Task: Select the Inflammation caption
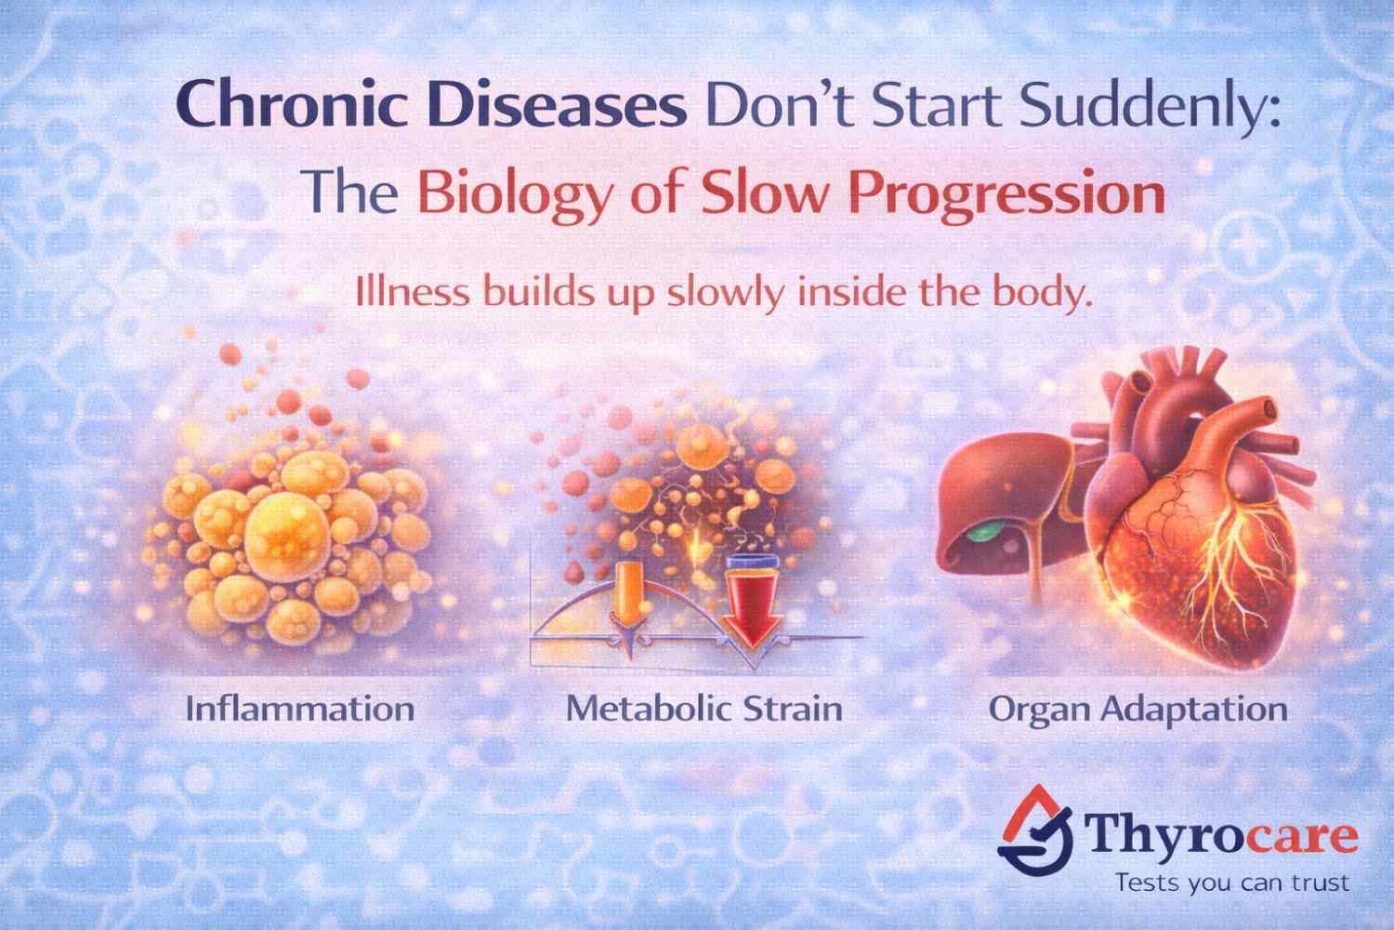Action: click(300, 710)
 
